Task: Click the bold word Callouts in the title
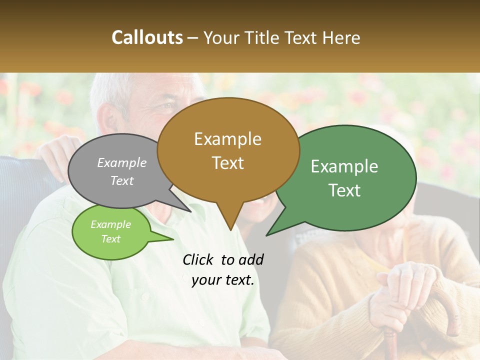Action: [x=147, y=37]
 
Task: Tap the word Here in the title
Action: [x=341, y=37]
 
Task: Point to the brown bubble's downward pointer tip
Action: [x=230, y=229]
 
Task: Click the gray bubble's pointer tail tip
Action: [x=191, y=211]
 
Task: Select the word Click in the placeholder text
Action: [x=198, y=259]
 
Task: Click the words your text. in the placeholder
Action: [x=223, y=280]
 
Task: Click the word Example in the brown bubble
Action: [x=227, y=139]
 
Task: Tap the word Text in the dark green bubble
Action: [x=344, y=190]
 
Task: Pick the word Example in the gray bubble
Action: [x=122, y=162]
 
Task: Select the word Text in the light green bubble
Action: [x=111, y=239]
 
